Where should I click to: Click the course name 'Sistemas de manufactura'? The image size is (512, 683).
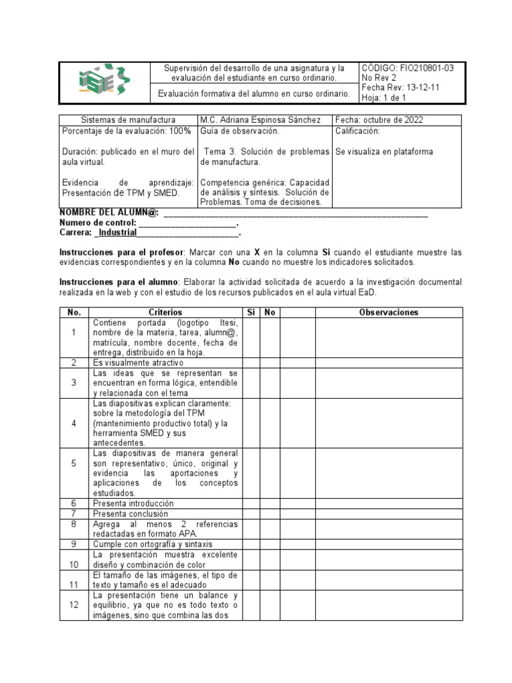128,119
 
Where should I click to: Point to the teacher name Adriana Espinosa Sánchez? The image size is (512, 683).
275,119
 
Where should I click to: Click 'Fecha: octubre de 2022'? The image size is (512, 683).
379,119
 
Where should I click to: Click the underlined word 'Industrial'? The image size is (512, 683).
117,233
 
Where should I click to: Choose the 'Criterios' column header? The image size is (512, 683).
165,312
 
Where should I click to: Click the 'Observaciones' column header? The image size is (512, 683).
388,312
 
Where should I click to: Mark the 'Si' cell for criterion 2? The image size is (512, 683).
251,363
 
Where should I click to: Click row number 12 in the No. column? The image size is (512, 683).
74,604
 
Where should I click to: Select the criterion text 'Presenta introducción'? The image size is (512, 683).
133,504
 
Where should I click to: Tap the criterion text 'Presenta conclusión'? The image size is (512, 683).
131,514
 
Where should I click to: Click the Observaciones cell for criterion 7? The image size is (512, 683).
388,514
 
